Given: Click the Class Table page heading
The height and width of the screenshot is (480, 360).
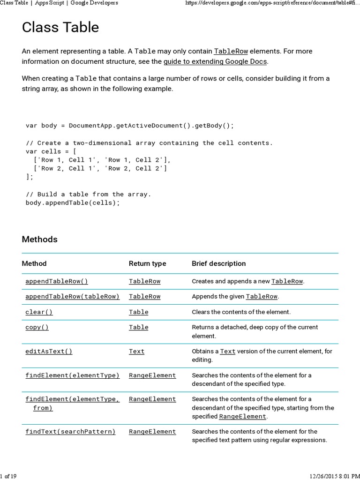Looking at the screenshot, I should click(60, 28).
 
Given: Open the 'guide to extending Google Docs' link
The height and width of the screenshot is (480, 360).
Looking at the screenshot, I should click(215, 61).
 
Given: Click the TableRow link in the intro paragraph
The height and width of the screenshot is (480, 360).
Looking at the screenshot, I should click(231, 51).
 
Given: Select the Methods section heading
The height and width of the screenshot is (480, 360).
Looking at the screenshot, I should click(40, 239).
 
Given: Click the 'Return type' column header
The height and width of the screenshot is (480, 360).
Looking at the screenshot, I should click(147, 263).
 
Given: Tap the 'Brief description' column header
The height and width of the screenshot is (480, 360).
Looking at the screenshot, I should click(218, 263).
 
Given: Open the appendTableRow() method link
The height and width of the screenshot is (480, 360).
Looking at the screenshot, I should click(57, 281).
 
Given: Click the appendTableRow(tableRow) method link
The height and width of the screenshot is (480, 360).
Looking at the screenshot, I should click(73, 296).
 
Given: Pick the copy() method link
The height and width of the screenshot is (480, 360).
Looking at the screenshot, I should click(37, 327).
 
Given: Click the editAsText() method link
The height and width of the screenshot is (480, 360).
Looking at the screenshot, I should click(49, 351).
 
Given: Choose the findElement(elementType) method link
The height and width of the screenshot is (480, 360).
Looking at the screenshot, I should click(73, 375).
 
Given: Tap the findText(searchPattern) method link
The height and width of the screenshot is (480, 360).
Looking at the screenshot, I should click(70, 431).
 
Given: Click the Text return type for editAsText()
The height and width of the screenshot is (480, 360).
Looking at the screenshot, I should click(137, 351).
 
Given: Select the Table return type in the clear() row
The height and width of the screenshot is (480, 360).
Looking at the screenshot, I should click(139, 312).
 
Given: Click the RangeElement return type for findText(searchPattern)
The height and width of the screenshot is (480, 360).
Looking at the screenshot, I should click(152, 431).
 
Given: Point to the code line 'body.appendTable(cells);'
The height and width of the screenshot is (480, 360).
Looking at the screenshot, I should click(73, 202).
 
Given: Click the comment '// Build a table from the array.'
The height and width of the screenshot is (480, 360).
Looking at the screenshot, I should click(89, 194).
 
